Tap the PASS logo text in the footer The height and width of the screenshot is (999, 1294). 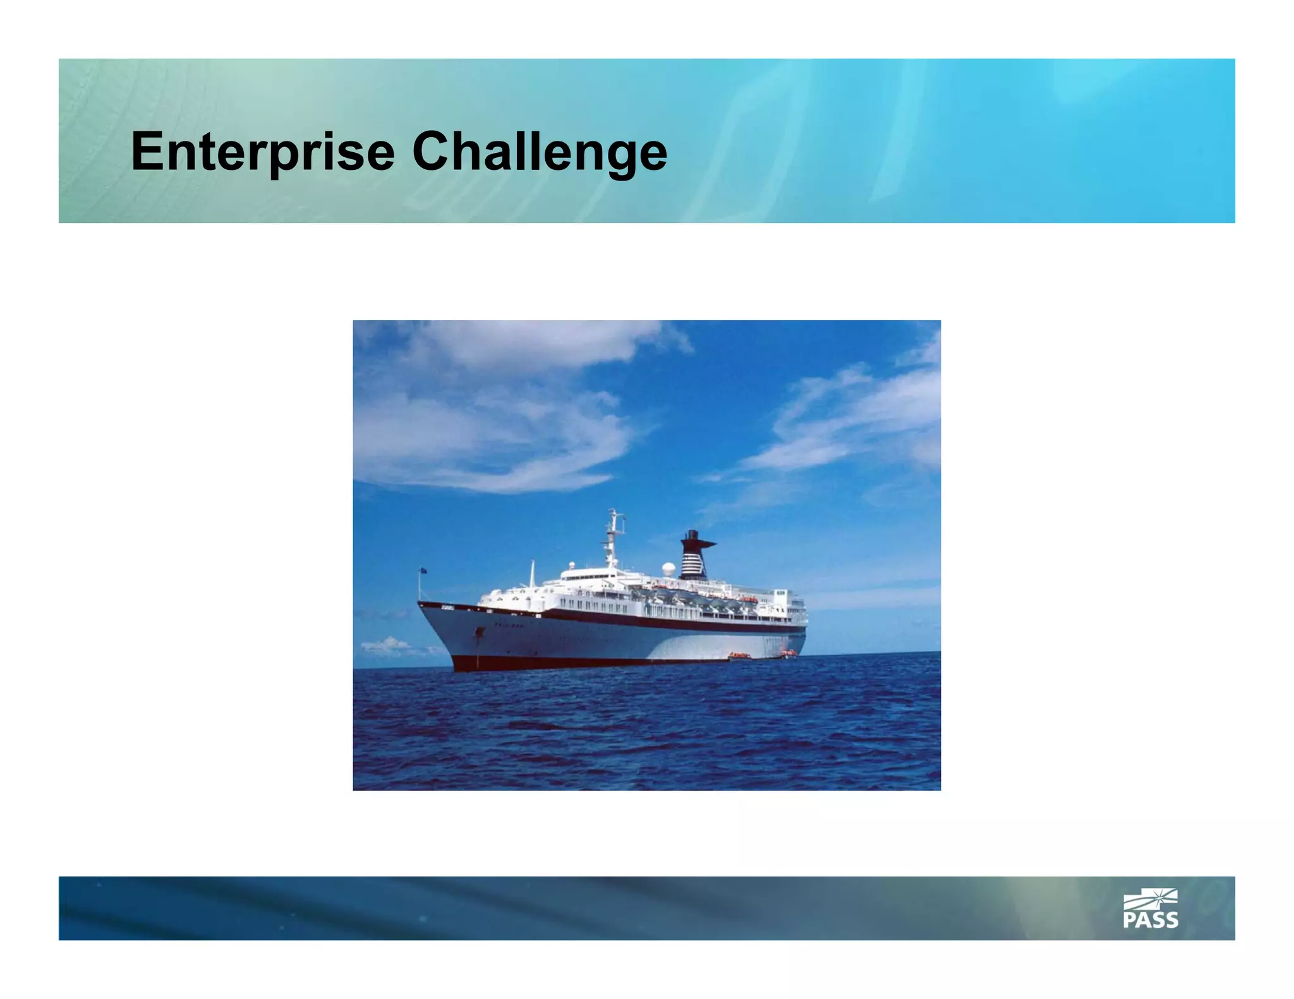pos(1150,920)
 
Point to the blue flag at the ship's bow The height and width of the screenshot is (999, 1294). pos(423,570)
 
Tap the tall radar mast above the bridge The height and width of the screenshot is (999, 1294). pos(612,537)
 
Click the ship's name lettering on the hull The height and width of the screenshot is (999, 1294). pos(509,625)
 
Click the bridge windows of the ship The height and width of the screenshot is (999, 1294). pos(588,575)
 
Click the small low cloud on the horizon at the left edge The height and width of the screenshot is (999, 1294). pos(385,645)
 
